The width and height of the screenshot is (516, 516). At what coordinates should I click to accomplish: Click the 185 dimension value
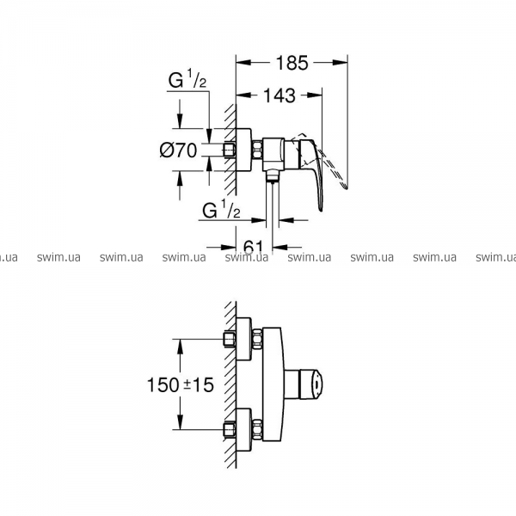click(x=292, y=63)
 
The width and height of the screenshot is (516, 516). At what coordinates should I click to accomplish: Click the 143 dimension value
click(x=279, y=95)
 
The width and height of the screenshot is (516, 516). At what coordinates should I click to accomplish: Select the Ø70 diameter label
click(x=178, y=150)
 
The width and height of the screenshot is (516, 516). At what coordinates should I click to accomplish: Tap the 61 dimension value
click(x=254, y=247)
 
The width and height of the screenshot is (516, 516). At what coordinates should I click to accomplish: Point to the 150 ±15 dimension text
click(x=181, y=384)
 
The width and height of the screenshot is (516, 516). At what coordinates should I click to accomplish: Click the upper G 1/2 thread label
click(x=187, y=79)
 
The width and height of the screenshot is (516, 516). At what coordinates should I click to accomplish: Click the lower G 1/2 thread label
click(x=221, y=210)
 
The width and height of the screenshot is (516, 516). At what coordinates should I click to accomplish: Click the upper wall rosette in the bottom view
click(x=244, y=339)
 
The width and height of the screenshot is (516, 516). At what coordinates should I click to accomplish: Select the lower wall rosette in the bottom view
click(x=244, y=430)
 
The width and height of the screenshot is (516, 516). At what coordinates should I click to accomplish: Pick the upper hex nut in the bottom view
click(x=257, y=339)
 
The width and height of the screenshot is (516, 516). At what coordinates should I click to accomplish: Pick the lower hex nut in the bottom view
click(x=257, y=430)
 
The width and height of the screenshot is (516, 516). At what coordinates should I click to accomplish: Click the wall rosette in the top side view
click(x=243, y=150)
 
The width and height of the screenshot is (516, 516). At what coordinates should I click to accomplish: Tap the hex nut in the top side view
click(x=257, y=150)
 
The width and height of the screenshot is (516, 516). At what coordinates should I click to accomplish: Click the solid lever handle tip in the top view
click(x=321, y=207)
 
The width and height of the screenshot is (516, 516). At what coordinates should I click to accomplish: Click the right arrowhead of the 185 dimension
click(x=340, y=63)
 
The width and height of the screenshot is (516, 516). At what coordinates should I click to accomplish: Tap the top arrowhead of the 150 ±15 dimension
click(x=180, y=347)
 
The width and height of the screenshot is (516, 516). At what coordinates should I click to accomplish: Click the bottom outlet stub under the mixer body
click(x=272, y=175)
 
